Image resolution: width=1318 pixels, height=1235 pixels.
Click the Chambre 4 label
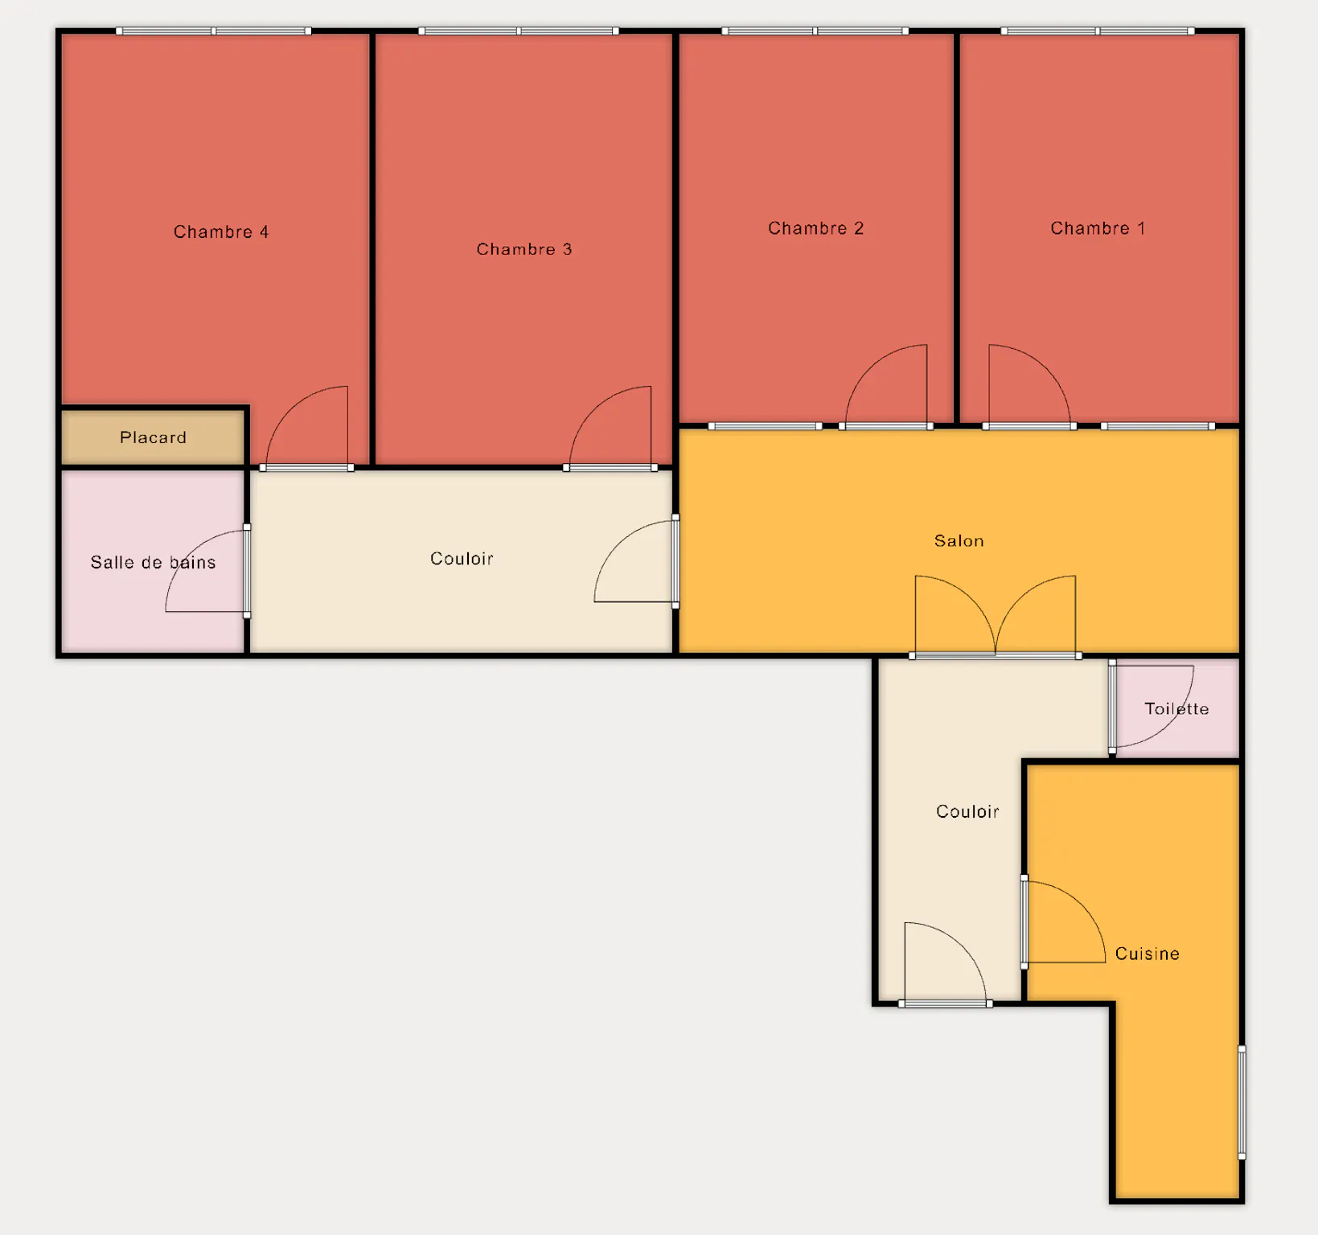[221, 232]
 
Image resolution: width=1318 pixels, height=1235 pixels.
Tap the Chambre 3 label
[524, 249]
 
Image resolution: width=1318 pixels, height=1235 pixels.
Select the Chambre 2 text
[815, 228]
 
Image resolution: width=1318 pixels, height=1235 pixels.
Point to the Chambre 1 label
[1098, 228]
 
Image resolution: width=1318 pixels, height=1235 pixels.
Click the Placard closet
[153, 437]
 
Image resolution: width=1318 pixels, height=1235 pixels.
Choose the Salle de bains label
[153, 562]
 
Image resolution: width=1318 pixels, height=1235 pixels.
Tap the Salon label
[959, 541]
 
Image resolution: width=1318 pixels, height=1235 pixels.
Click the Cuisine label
[1147, 954]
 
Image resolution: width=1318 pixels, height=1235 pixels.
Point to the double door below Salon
[996, 616]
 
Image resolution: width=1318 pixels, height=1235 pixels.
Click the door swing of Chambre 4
[306, 427]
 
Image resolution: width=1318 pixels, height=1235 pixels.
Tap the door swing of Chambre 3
[610, 427]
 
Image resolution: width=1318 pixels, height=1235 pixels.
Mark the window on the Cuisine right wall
[1242, 1102]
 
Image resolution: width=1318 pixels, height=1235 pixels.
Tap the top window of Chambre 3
[519, 31]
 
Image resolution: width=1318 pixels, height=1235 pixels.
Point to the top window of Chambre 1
[1098, 31]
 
